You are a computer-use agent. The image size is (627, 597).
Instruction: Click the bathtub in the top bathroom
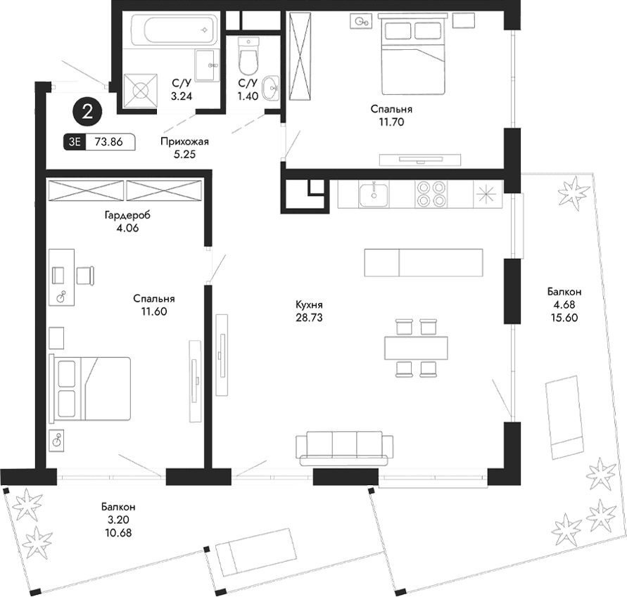pyautogui.click(x=173, y=30)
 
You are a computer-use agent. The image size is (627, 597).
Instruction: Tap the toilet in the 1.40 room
pyautogui.click(x=247, y=58)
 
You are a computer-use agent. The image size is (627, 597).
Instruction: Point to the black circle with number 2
pyautogui.click(x=88, y=111)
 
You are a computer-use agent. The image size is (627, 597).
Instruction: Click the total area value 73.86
pyautogui.click(x=109, y=141)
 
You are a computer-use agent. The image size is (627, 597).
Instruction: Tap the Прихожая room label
pyautogui.click(x=184, y=141)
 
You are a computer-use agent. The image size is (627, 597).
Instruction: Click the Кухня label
pyautogui.click(x=310, y=305)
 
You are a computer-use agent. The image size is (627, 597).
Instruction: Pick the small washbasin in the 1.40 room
pyautogui.click(x=272, y=89)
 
